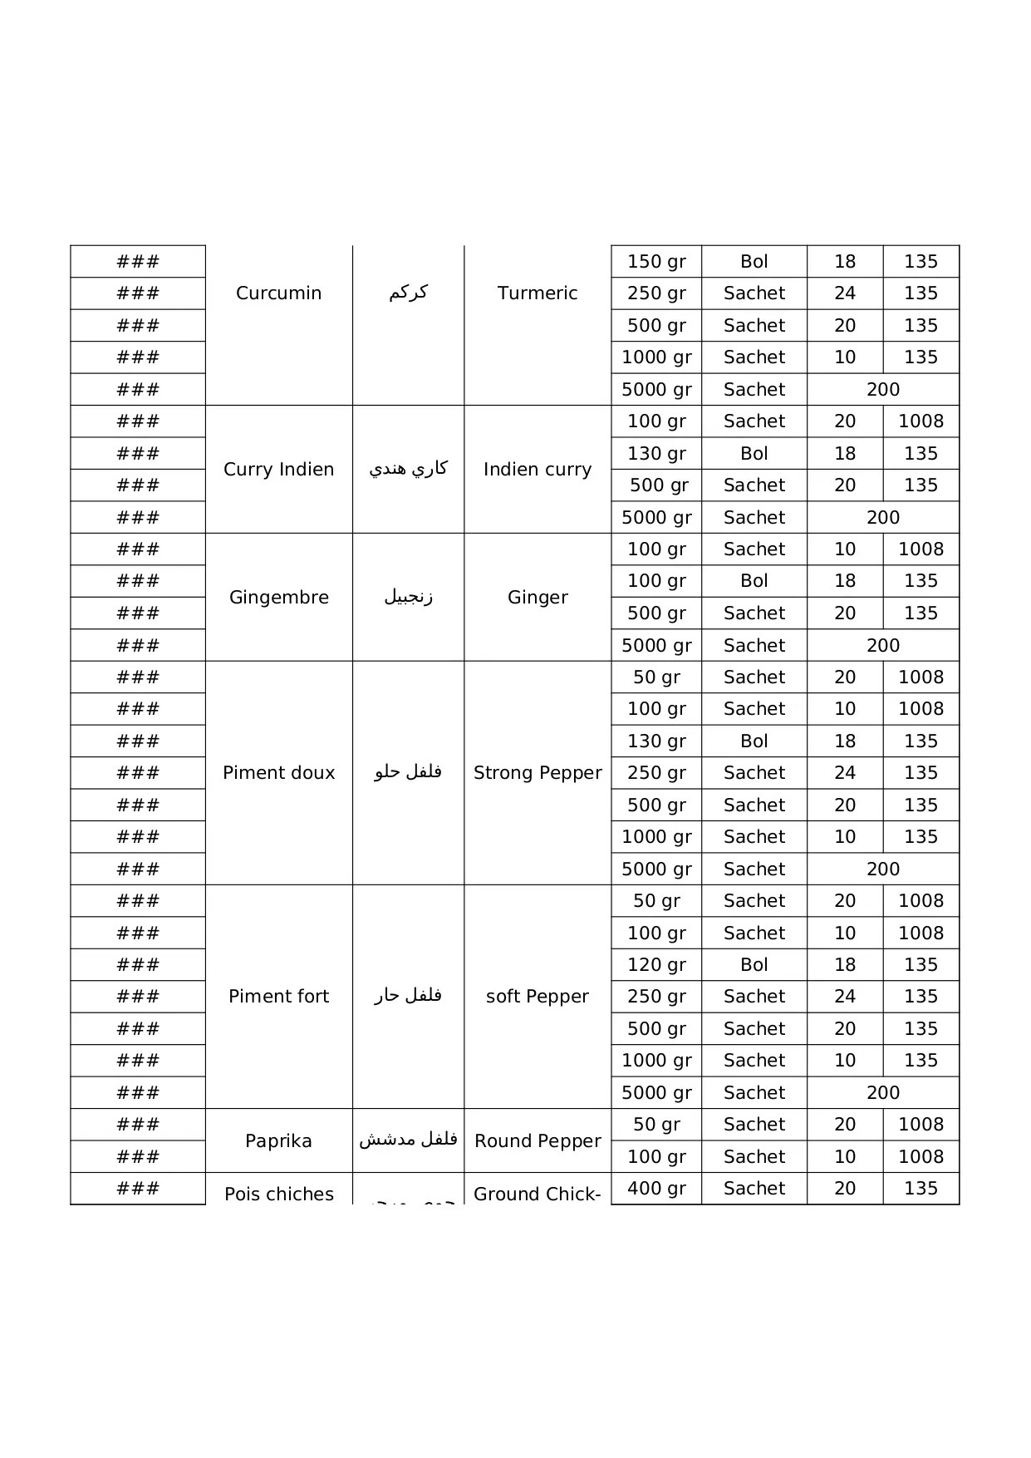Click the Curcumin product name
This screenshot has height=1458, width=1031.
click(278, 293)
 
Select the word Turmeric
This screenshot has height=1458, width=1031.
click(538, 293)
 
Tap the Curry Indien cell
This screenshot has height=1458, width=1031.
click(278, 470)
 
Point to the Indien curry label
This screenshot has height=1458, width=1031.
click(538, 470)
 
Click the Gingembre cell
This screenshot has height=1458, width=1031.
click(278, 598)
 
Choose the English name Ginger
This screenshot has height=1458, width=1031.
click(538, 598)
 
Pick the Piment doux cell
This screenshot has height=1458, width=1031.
click(278, 773)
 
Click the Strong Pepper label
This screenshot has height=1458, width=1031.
click(538, 773)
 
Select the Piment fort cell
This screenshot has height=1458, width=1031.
click(278, 997)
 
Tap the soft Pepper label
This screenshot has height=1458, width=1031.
click(538, 997)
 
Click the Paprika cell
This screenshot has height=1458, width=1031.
click(278, 1141)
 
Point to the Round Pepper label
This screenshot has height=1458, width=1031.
click(538, 1141)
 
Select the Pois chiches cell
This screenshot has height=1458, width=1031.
click(278, 1194)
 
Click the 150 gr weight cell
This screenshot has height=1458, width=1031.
click(656, 262)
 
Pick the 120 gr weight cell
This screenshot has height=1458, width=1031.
click(656, 965)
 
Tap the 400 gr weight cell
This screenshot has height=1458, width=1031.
click(656, 1189)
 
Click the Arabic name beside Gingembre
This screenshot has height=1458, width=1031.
click(408, 598)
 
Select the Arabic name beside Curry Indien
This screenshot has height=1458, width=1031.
click(408, 470)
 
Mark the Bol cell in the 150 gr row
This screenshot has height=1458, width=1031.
click(754, 262)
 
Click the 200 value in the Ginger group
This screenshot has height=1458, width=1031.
click(882, 646)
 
